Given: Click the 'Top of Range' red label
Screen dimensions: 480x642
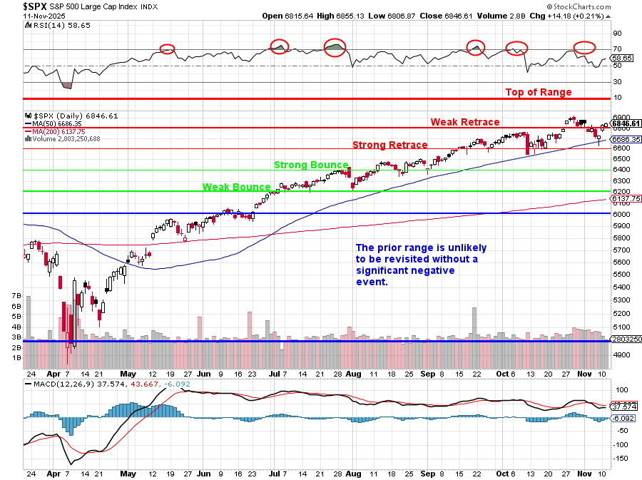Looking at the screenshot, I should (539, 92).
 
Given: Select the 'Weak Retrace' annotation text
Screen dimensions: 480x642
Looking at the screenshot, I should (465, 122).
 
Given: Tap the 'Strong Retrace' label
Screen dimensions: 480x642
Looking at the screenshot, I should (390, 145).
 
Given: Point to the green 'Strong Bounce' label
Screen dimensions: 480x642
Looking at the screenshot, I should (312, 165).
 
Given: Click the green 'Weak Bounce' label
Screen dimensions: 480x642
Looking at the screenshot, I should (236, 187).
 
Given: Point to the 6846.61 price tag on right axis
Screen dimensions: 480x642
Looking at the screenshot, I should (626, 123).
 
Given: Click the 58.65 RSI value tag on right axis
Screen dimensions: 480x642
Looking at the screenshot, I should (623, 58).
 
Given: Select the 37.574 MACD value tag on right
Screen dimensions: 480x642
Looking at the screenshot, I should (623, 407).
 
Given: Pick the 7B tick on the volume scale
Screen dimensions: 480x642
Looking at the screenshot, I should (15, 295).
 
